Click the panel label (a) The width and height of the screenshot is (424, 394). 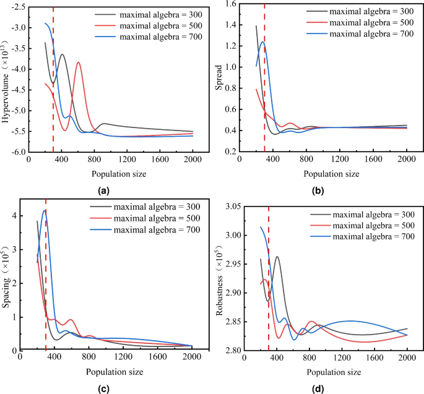[103, 191]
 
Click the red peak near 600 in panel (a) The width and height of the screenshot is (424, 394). [78, 62]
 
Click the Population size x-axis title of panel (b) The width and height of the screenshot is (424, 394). [328, 174]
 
